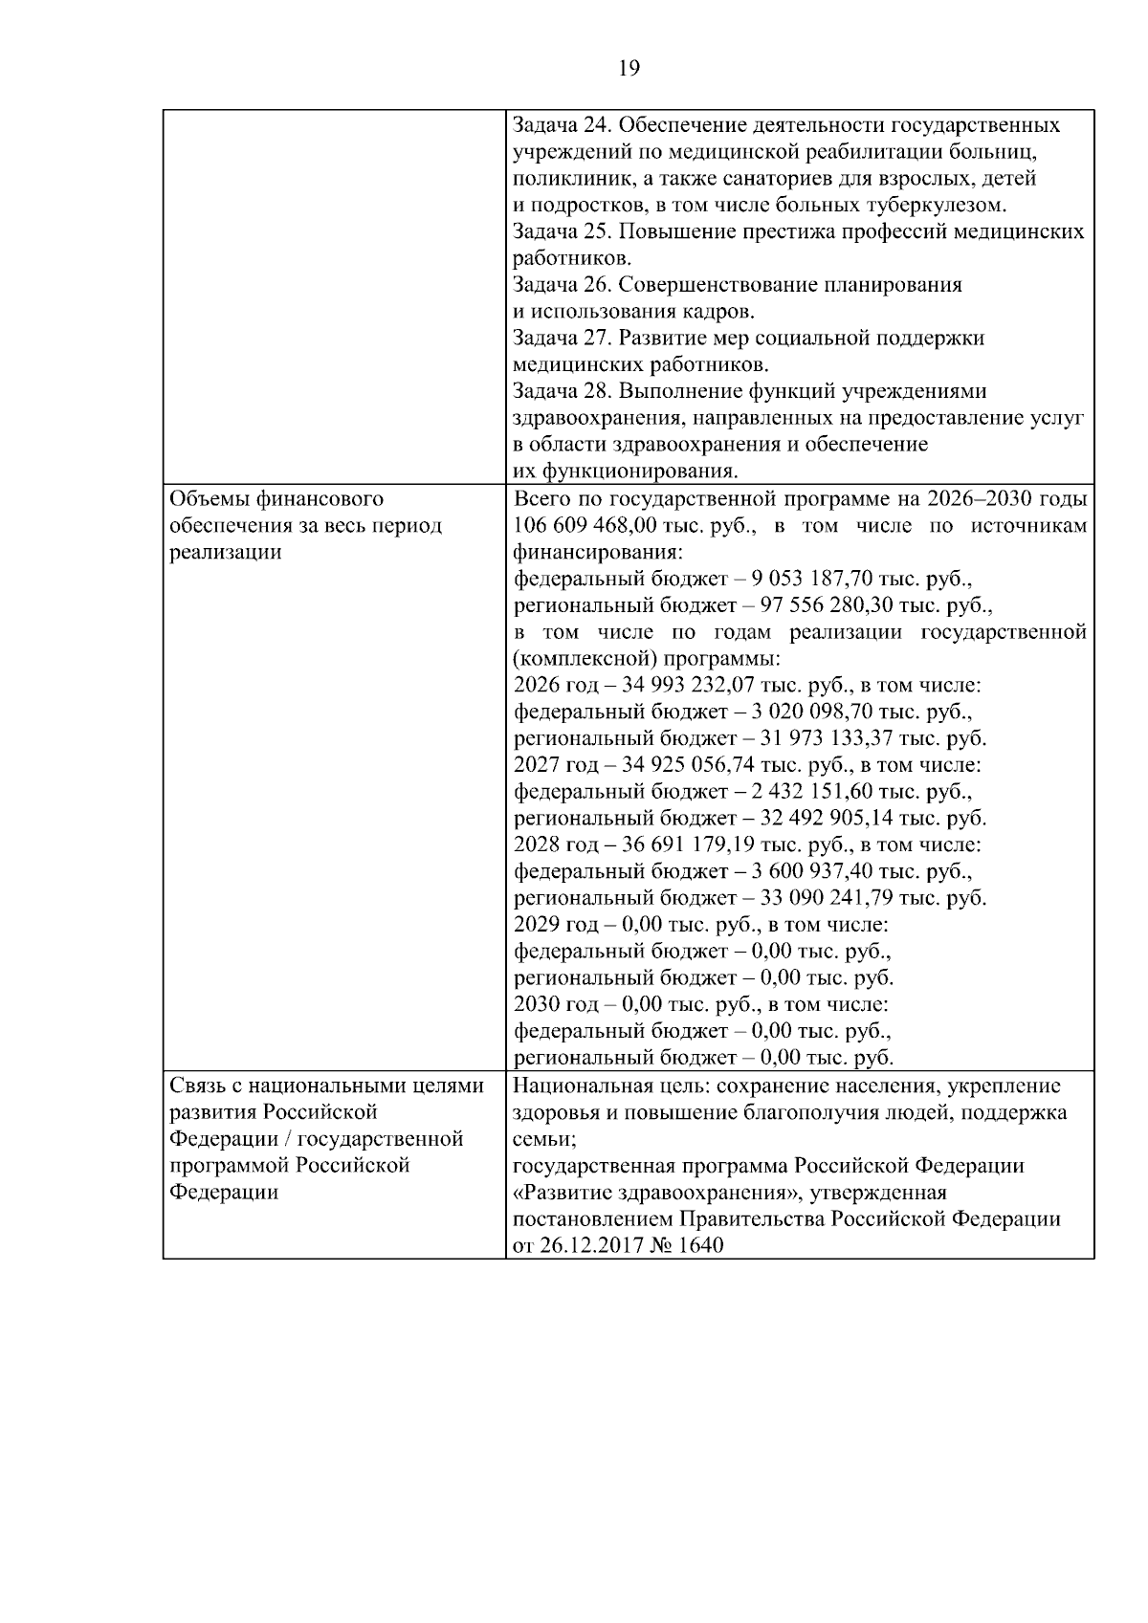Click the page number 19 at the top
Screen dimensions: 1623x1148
[x=629, y=68]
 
